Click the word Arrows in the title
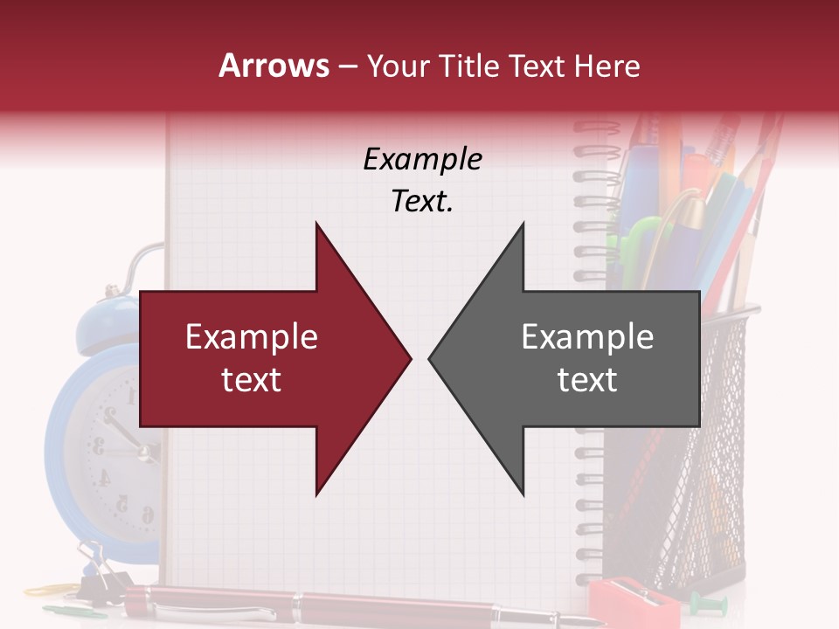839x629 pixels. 274,66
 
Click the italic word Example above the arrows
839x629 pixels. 422,160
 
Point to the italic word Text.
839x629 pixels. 422,202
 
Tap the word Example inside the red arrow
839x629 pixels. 252,337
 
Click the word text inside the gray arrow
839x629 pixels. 587,380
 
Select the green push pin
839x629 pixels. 699,600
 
